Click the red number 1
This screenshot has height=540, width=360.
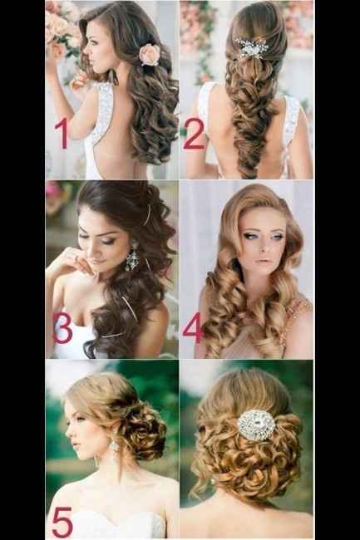coord(62,135)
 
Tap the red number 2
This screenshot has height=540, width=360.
coord(194,134)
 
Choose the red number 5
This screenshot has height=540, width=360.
coord(62,523)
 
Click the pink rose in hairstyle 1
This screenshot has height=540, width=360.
coord(150,54)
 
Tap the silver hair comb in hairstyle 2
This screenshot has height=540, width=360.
coord(252,47)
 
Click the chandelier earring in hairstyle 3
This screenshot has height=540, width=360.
coord(132,257)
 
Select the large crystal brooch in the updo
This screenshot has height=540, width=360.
coord(257,425)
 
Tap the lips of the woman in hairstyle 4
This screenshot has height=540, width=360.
coord(263,261)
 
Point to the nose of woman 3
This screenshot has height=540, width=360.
coord(91,250)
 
